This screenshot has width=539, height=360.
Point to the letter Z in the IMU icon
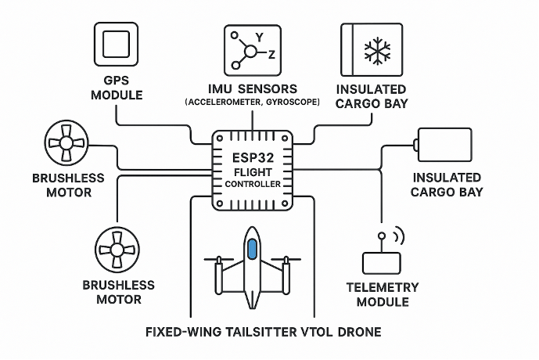tap(271, 55)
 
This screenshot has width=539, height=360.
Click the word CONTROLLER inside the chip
tap(253, 184)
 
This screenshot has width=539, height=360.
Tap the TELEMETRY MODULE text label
tap(383, 294)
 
